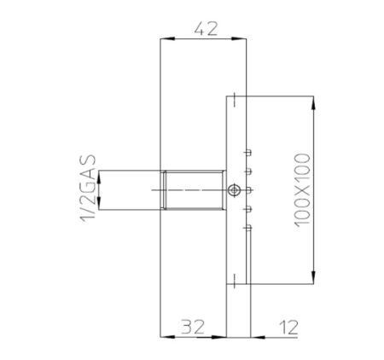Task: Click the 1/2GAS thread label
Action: [85, 189]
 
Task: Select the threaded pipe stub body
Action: [195, 189]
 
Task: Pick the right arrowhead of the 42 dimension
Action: [242, 38]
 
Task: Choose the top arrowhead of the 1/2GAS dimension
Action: [101, 176]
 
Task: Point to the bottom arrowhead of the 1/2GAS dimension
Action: [101, 204]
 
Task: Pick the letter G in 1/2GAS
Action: [85, 182]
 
